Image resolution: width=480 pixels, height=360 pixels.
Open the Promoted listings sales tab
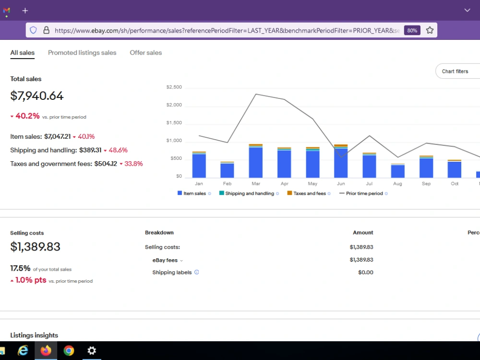tap(82, 53)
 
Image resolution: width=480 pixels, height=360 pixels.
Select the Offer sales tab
tap(146, 53)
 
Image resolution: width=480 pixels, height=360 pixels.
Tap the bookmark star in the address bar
tap(430, 30)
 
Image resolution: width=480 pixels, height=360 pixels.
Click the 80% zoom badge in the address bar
tap(412, 30)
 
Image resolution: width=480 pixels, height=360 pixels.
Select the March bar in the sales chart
tap(256, 161)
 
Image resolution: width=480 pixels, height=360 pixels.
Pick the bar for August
tap(397, 170)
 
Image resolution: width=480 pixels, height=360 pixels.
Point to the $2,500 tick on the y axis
tap(174, 87)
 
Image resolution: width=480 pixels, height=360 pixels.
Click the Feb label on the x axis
tap(227, 184)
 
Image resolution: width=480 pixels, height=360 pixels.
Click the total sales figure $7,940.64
tap(37, 96)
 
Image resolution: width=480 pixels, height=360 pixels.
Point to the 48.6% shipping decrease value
tap(118, 150)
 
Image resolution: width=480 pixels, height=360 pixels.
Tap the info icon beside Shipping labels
tap(196, 272)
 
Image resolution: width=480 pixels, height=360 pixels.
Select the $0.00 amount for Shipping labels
tap(365, 273)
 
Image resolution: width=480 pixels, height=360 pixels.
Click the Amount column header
tap(363, 233)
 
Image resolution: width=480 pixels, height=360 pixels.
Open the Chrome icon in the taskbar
tap(69, 350)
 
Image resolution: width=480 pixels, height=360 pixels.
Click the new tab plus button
tap(25, 11)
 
